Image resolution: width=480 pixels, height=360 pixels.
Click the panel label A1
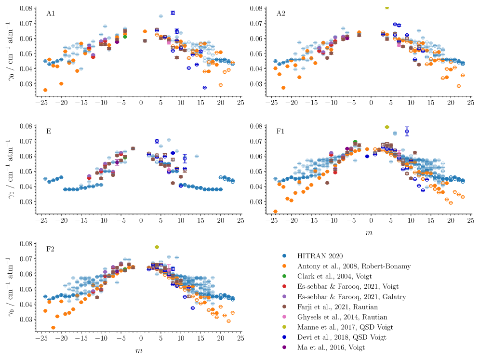coord(51,13)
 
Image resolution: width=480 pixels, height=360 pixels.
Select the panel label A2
coord(280,13)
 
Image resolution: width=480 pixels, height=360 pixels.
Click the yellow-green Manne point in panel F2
coord(157,247)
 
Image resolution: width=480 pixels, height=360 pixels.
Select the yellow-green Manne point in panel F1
coord(387,127)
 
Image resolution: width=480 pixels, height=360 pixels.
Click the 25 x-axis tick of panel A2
coord(470,103)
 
